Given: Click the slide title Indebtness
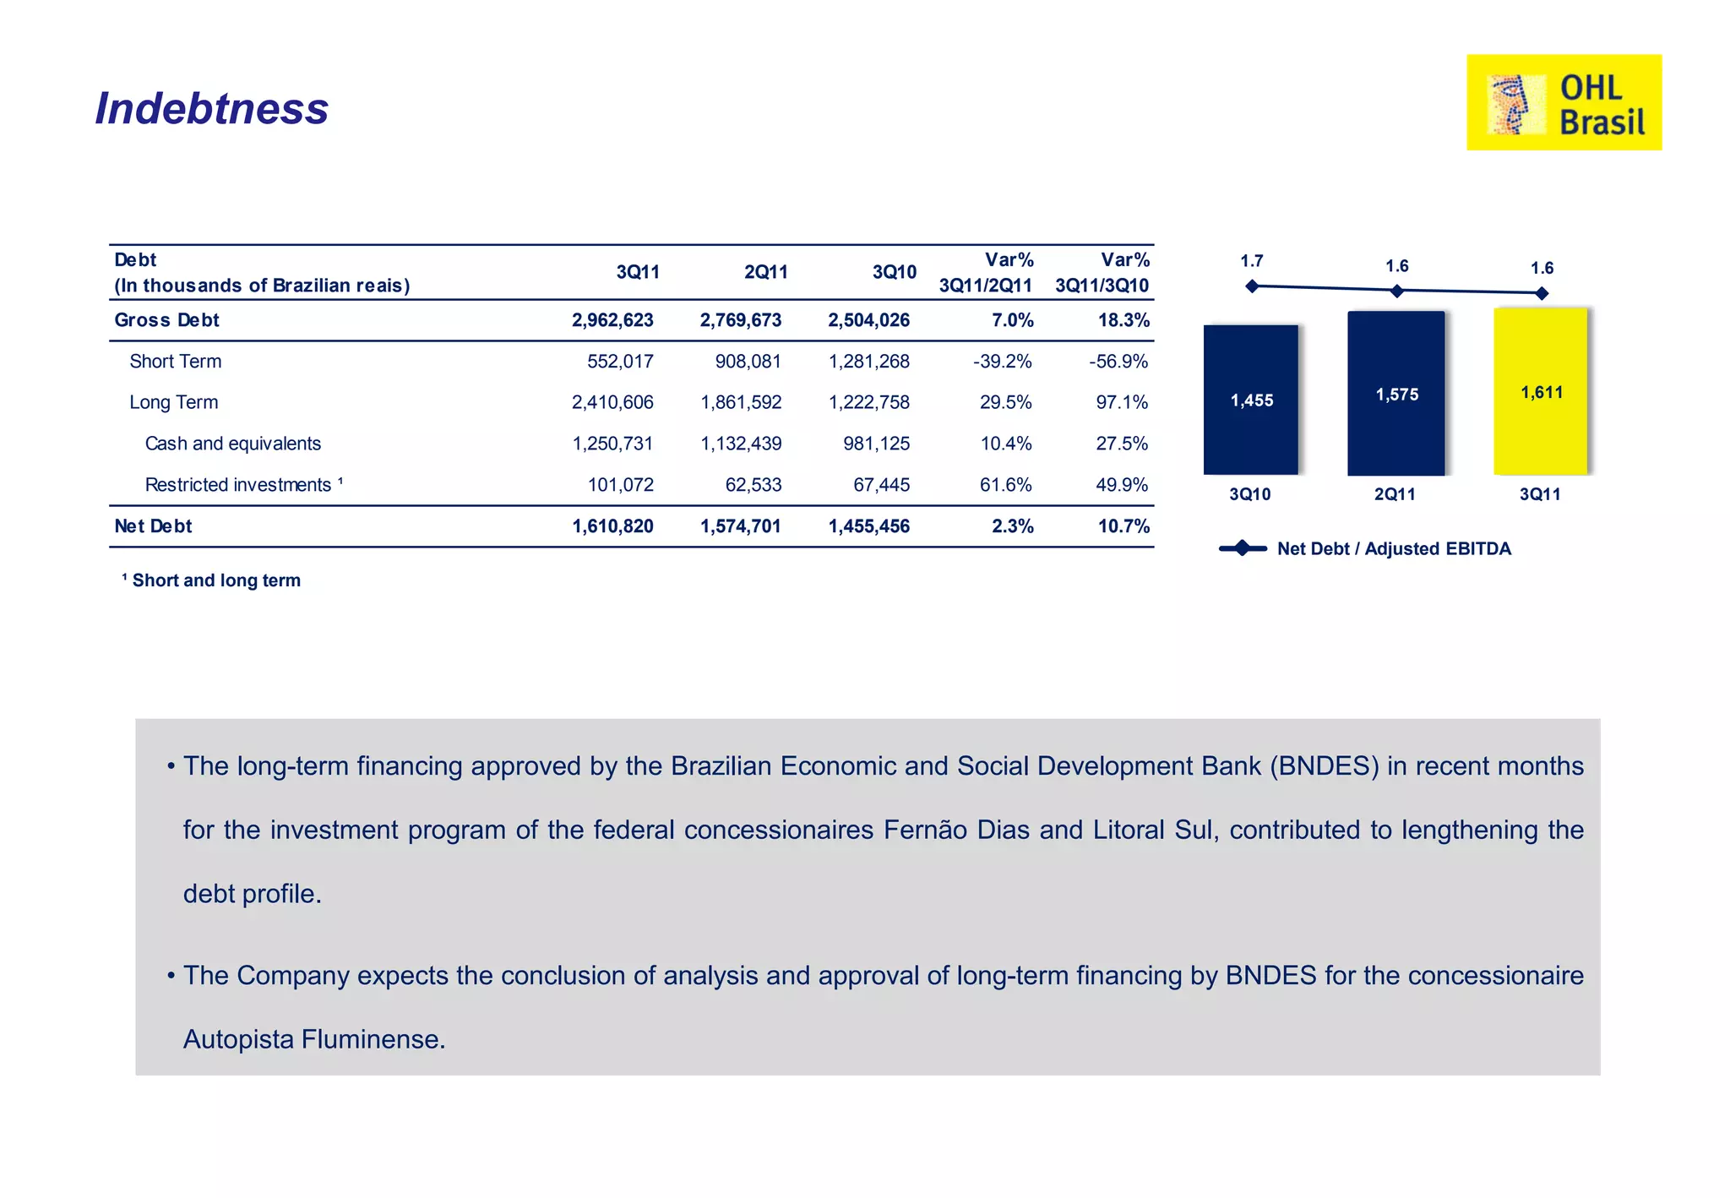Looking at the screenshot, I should tap(211, 108).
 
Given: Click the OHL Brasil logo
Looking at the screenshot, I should tap(1564, 102).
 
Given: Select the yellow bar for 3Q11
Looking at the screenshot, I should tap(1540, 391).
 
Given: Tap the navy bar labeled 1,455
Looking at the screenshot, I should tap(1250, 400).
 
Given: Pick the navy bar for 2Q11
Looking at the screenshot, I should tap(1395, 393).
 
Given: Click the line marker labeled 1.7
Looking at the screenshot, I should tap(1252, 286).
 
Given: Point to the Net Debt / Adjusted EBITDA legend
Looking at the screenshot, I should tap(1366, 548).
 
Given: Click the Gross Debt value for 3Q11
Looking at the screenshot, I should tap(612, 320).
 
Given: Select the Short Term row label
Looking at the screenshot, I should tap(175, 362).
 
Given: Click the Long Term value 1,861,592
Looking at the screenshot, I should tap(741, 402).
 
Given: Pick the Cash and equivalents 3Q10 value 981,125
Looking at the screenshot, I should tap(876, 444).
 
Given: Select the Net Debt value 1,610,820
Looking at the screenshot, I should tap(612, 526).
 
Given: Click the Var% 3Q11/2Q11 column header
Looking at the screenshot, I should tap(986, 272).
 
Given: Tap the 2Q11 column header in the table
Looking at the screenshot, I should tap(765, 272).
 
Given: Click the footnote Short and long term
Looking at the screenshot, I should tap(215, 580).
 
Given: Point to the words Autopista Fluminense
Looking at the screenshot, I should tap(313, 1038).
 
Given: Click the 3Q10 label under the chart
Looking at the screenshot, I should tap(1249, 494).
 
